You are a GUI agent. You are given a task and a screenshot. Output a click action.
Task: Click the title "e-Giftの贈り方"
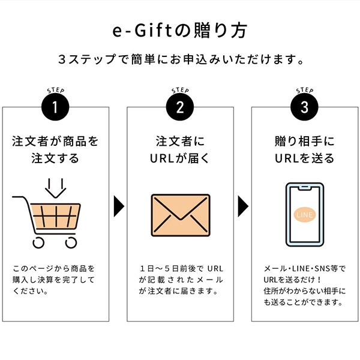(x=180, y=31)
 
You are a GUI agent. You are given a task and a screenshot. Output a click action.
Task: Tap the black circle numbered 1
(x=55, y=107)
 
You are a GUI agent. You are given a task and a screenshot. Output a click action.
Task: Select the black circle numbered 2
(x=180, y=107)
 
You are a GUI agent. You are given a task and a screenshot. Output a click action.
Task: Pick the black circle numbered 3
(x=304, y=107)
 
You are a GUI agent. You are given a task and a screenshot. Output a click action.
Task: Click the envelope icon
(x=181, y=215)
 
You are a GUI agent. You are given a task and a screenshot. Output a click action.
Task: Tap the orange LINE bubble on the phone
(x=305, y=215)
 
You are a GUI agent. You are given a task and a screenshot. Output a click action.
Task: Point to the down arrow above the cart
(x=56, y=188)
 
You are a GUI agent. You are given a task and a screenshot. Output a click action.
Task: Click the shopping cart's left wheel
(x=38, y=242)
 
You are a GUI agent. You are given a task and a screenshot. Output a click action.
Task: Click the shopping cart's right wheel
(x=71, y=242)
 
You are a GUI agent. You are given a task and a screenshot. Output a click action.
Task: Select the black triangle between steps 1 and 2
(x=119, y=206)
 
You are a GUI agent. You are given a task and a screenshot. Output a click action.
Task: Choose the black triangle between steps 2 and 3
(x=243, y=206)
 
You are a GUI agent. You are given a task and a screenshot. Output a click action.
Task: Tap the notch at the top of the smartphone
(x=305, y=188)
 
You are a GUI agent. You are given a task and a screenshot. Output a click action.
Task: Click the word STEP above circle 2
(x=181, y=90)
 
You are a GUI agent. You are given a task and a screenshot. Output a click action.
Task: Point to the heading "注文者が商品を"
(x=55, y=141)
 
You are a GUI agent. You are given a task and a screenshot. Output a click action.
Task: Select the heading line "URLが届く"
(x=180, y=158)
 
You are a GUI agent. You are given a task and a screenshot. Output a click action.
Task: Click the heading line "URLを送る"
(x=304, y=158)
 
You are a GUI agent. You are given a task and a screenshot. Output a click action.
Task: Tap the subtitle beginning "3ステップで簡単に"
(x=181, y=59)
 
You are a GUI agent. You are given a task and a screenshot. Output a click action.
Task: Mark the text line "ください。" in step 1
(x=31, y=291)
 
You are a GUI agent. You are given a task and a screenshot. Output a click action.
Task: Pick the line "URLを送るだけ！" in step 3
(x=292, y=280)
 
